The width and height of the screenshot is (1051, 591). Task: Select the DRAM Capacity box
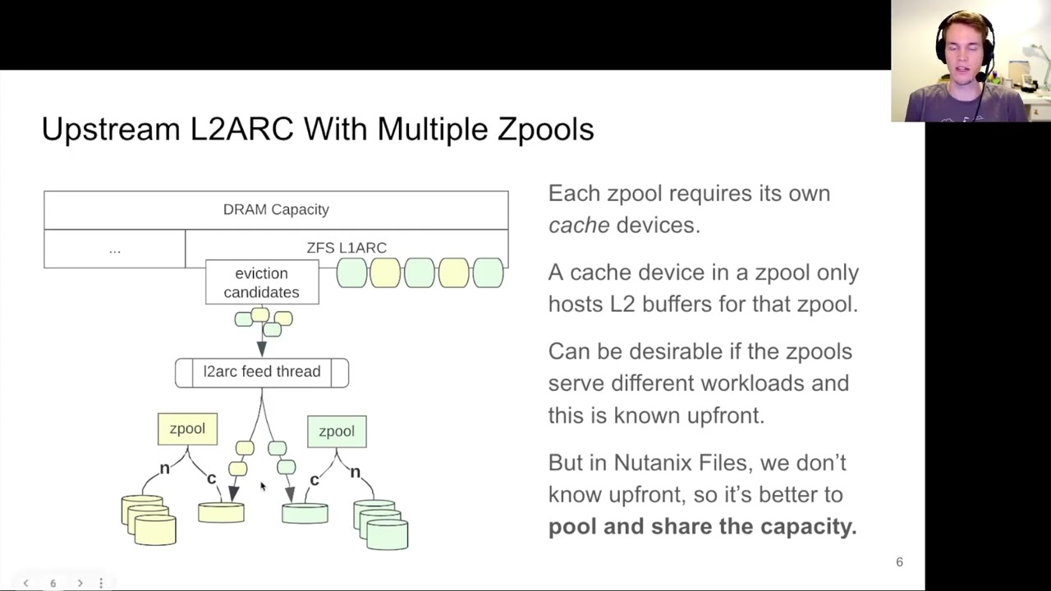pyautogui.click(x=276, y=209)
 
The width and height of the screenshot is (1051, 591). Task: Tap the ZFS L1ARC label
pyautogui.click(x=346, y=247)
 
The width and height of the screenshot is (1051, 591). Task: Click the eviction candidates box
pyautogui.click(x=261, y=282)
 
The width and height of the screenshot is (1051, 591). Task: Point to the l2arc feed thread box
pyautogui.click(x=261, y=372)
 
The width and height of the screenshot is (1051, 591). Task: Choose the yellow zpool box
pyautogui.click(x=187, y=428)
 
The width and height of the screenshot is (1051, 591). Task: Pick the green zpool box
pyautogui.click(x=337, y=432)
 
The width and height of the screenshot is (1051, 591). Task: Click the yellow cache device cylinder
pyautogui.click(x=221, y=513)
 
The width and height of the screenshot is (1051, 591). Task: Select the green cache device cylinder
pyautogui.click(x=305, y=514)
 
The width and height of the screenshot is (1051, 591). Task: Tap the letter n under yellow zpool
pyautogui.click(x=164, y=468)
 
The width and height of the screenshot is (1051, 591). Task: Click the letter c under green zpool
pyautogui.click(x=314, y=479)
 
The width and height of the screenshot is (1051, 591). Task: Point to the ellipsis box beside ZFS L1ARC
pyautogui.click(x=114, y=249)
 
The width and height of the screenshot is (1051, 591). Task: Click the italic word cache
pyautogui.click(x=578, y=225)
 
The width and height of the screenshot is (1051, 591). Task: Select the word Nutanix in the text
pyautogui.click(x=653, y=462)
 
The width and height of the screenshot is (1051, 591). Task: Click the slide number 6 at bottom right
pyautogui.click(x=899, y=562)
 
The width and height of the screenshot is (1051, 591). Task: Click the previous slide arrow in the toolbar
pyautogui.click(x=25, y=583)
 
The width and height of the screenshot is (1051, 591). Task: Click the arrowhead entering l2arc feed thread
pyautogui.click(x=262, y=350)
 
